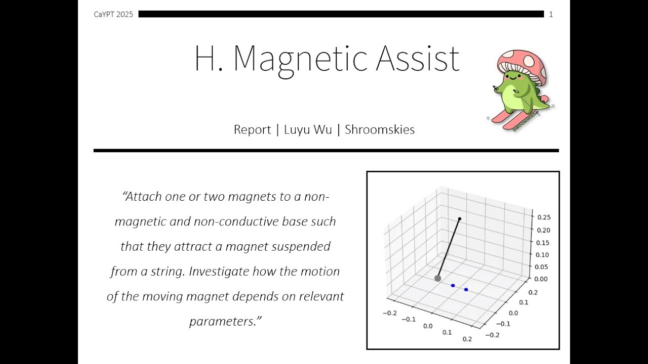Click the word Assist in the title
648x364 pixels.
(418, 59)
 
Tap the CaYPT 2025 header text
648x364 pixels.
(113, 15)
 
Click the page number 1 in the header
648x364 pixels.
(551, 15)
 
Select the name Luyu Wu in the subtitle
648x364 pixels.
(308, 129)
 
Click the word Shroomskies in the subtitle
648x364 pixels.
(379, 129)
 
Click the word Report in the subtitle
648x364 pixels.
(252, 130)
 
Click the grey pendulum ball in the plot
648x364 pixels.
(438, 278)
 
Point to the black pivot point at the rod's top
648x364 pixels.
(460, 219)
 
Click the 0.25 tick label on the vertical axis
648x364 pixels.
(542, 217)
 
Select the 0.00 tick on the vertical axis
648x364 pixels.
(542, 279)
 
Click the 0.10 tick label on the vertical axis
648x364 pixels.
(542, 254)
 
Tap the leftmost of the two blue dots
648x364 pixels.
(453, 286)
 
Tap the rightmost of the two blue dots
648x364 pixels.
(466, 290)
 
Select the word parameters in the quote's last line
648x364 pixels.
(223, 321)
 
